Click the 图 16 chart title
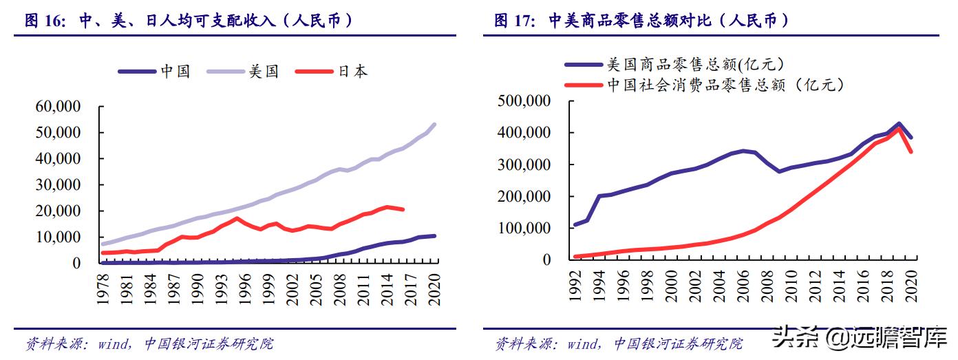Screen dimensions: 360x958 (x=189, y=21)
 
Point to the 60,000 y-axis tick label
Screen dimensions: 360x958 (x=58, y=106)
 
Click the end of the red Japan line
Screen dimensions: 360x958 (x=403, y=209)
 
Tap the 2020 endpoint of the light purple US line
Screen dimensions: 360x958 (x=434, y=125)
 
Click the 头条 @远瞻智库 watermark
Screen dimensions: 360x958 (x=860, y=339)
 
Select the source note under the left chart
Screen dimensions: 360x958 (x=149, y=343)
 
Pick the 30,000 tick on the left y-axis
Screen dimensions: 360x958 (x=58, y=184)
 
